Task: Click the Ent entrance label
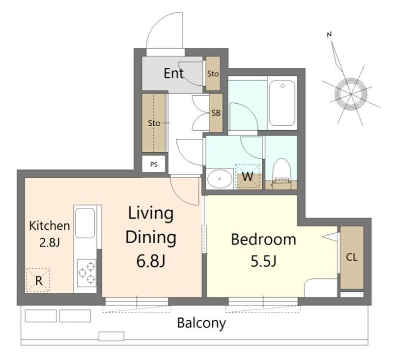(x=173, y=73)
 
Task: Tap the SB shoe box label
(x=216, y=113)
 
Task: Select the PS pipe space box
(x=154, y=164)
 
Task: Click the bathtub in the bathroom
(x=282, y=103)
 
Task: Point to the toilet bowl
(x=281, y=173)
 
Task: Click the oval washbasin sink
(x=220, y=179)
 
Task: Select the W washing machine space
(x=248, y=177)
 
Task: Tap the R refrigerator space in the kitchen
(x=38, y=280)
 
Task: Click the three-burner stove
(x=86, y=273)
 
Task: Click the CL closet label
(x=352, y=257)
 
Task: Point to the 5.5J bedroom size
(x=263, y=261)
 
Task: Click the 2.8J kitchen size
(x=50, y=242)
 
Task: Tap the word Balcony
(x=201, y=323)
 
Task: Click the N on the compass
(x=329, y=34)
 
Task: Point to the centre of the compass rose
(x=351, y=94)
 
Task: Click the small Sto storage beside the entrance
(x=213, y=74)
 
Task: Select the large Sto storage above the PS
(x=154, y=123)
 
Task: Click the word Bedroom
(x=263, y=239)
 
